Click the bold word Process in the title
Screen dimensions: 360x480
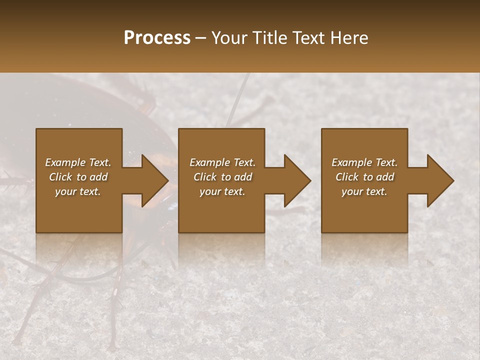[x=157, y=38]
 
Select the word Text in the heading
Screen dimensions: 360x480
[x=309, y=38]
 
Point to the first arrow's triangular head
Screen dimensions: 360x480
[x=155, y=180]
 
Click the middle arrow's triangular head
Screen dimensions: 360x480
[x=297, y=180]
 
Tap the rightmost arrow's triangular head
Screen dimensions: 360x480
[x=440, y=180]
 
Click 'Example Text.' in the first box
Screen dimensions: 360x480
[x=78, y=162]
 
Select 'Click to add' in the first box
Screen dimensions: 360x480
[x=78, y=177]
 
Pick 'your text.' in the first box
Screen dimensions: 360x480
[x=78, y=191]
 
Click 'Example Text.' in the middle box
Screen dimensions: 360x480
[x=222, y=162]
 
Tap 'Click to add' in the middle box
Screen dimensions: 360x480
[x=222, y=177]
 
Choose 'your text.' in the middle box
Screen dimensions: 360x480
[x=222, y=191]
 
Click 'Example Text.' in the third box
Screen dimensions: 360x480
[x=364, y=162]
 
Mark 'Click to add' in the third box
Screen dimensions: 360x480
[x=364, y=177]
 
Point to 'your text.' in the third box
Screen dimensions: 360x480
[x=364, y=191]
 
